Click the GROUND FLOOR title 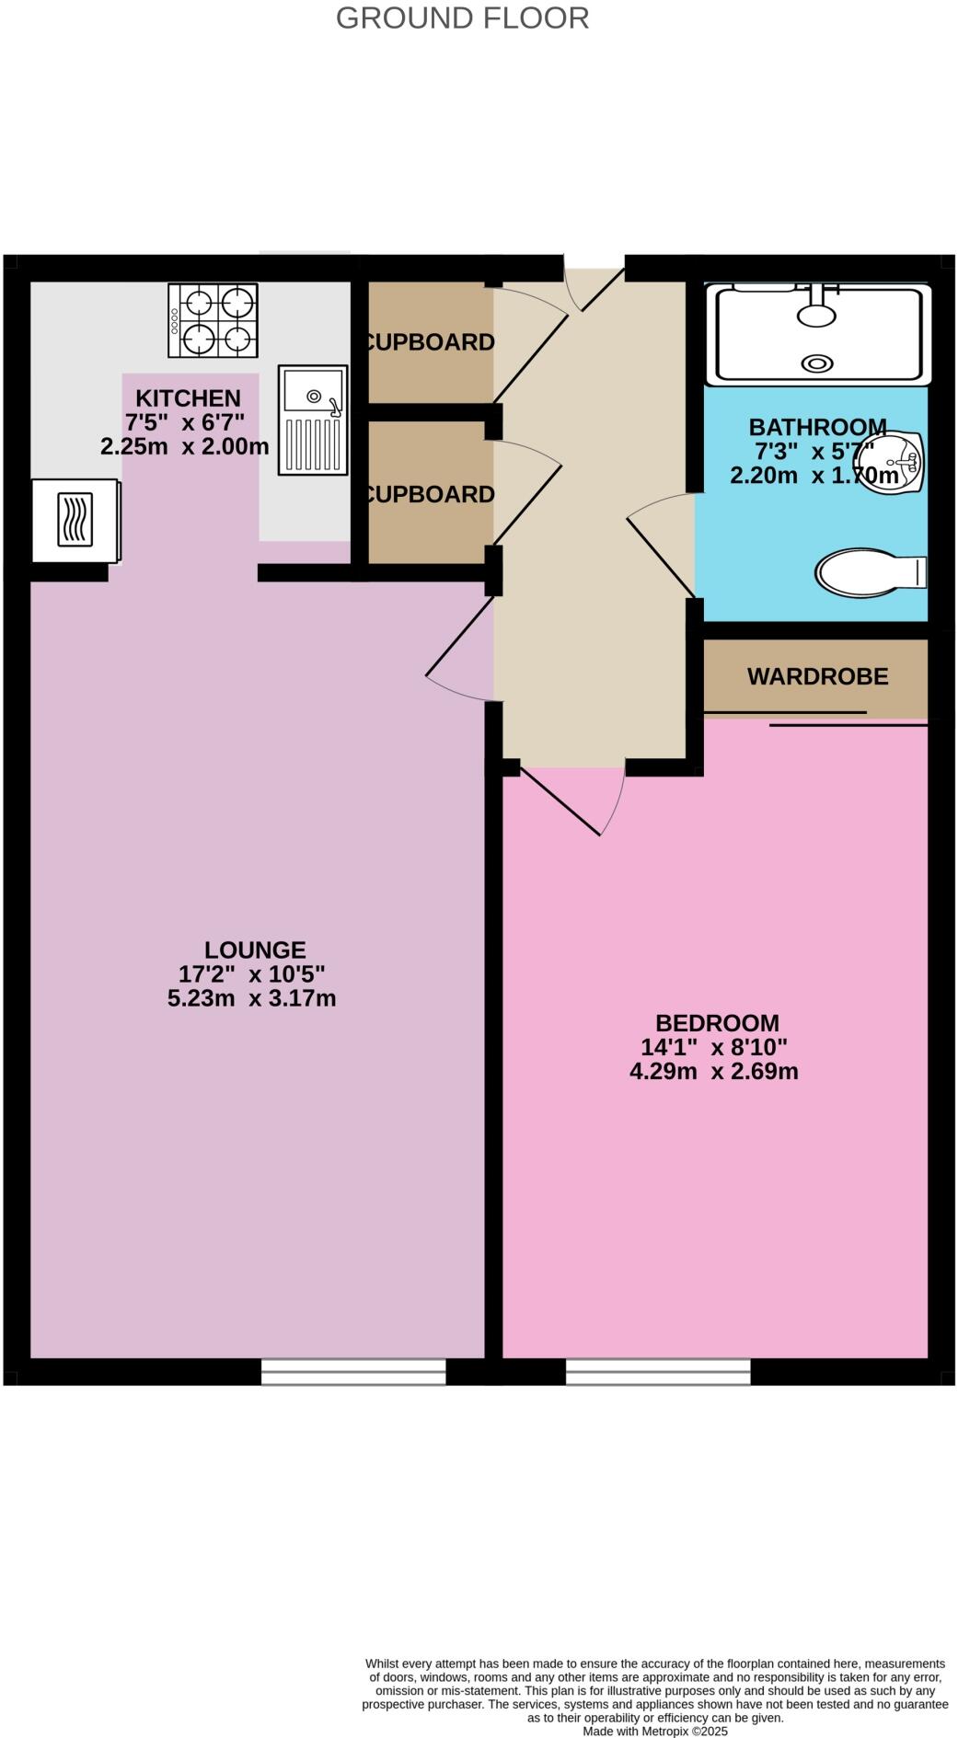click(x=462, y=17)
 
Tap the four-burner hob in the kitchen click(x=213, y=320)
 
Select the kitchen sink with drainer click(x=313, y=420)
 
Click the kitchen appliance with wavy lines click(x=75, y=521)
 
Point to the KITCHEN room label click(x=188, y=398)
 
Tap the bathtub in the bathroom click(x=818, y=335)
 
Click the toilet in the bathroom click(x=868, y=572)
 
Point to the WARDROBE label click(x=817, y=676)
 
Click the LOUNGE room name click(x=255, y=950)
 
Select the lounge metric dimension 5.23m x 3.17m click(x=251, y=998)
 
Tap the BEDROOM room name click(x=717, y=1022)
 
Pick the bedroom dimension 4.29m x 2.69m click(x=713, y=1071)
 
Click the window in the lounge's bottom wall click(x=353, y=1371)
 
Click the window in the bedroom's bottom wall click(x=658, y=1371)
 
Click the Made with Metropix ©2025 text click(x=654, y=1731)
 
